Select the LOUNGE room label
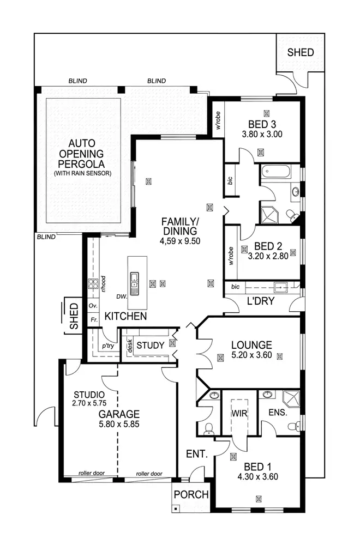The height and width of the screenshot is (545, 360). point(251,344)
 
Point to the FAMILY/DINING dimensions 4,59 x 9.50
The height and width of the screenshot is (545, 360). point(180,240)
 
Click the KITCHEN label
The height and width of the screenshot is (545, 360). point(125,316)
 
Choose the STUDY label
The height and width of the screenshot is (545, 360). point(151,345)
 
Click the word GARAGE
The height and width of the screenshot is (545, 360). point(119,413)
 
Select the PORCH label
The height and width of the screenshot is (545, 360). point(191,495)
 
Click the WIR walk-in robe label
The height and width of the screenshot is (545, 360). point(240,413)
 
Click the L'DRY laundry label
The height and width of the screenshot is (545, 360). point(260,301)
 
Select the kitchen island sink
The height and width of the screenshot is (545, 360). point(134,282)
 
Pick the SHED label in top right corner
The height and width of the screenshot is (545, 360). point(301,52)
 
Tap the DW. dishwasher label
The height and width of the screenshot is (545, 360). point(122,297)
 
